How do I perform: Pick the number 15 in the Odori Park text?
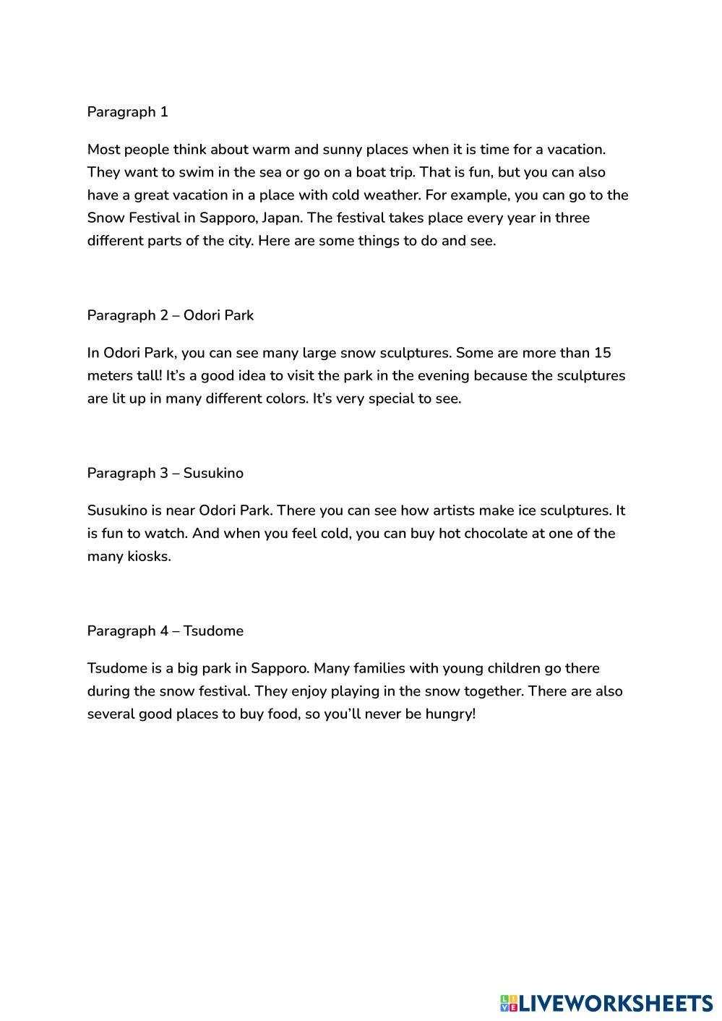(x=602, y=353)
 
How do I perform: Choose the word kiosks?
(x=149, y=556)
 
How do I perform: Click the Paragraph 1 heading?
(x=128, y=112)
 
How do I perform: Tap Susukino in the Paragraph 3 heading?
(x=213, y=473)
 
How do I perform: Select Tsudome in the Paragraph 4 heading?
(x=213, y=631)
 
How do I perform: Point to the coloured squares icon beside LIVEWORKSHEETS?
(x=508, y=1003)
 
